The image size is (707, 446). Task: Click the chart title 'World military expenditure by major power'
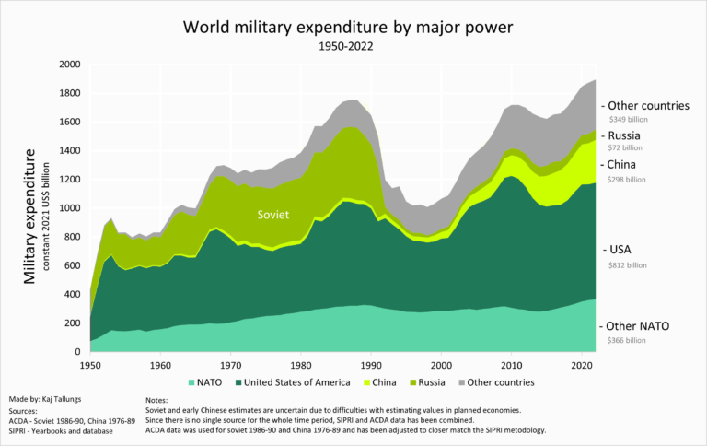coord(353,25)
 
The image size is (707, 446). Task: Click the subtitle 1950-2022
coord(353,45)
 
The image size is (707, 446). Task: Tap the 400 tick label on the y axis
coord(73,295)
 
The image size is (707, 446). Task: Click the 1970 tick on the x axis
coord(231,364)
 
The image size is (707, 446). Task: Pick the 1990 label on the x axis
coord(371,364)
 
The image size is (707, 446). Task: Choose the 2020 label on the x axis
coord(582,364)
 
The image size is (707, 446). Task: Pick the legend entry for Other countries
coord(495,381)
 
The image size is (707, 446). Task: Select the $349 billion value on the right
coord(627,120)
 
